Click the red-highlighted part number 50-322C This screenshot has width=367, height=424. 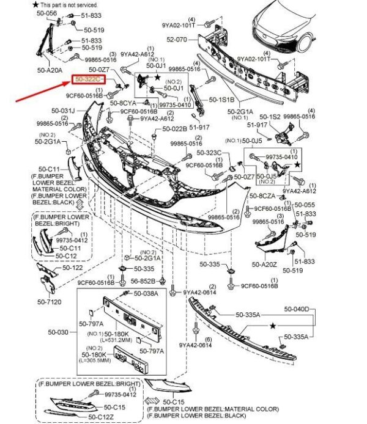(x=89, y=79)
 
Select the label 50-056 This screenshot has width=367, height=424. (x=47, y=13)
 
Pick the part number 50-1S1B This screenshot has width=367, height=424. (x=221, y=98)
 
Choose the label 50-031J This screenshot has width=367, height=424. (x=64, y=111)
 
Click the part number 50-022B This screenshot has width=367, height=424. (x=175, y=128)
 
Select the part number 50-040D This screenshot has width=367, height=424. (x=297, y=309)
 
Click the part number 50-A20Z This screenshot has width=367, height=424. (x=265, y=265)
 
